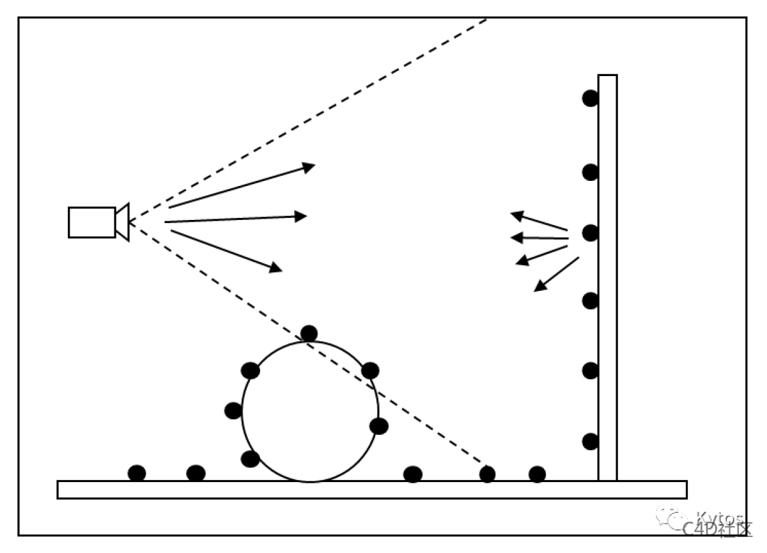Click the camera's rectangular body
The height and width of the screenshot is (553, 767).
(92, 222)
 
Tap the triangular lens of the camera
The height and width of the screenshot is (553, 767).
(123, 222)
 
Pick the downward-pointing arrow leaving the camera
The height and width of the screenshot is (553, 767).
(226, 251)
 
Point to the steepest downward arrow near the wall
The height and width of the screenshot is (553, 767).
(556, 274)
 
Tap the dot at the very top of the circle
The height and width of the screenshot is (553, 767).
(309, 333)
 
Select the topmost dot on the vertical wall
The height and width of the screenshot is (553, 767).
(590, 98)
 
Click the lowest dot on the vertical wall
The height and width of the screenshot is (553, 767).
(590, 441)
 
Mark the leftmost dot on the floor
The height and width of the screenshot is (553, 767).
(137, 473)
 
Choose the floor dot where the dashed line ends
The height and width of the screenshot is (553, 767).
(487, 474)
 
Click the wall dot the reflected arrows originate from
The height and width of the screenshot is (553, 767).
(590, 233)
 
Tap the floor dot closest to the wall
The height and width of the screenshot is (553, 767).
(537, 474)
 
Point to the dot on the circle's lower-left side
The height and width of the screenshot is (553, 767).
(250, 458)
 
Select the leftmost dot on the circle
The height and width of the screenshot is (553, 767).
(233, 410)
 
